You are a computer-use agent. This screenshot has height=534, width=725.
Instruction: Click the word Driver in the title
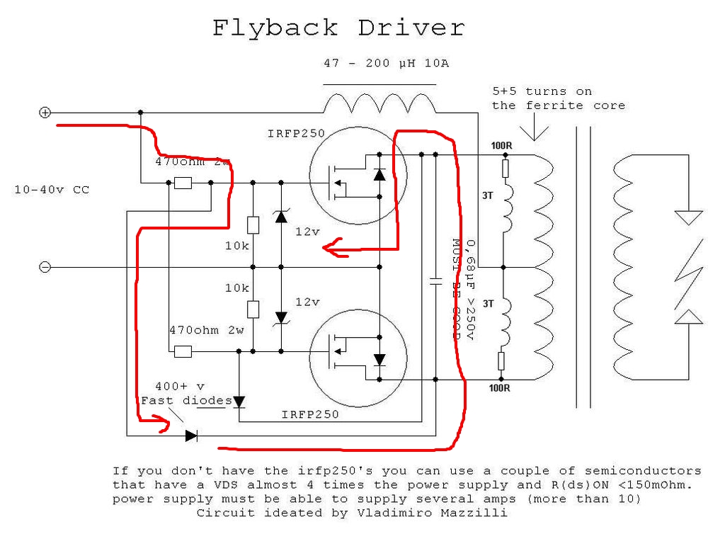[x=411, y=28]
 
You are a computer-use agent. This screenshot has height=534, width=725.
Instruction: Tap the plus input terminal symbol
[x=45, y=112]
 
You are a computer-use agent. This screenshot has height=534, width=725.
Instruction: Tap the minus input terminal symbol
[x=45, y=267]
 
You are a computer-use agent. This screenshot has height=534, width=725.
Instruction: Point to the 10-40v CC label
[x=52, y=190]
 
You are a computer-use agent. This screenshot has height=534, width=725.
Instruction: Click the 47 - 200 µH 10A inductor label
[x=386, y=63]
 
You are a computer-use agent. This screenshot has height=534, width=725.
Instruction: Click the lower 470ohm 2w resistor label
[x=206, y=330]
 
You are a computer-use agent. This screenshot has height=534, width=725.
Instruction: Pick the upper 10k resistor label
[x=236, y=246]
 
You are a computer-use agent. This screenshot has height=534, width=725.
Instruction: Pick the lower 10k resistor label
[x=236, y=288]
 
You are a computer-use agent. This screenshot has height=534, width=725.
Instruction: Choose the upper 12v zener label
[x=308, y=232]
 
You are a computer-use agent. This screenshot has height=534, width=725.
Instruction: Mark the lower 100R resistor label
[x=500, y=387]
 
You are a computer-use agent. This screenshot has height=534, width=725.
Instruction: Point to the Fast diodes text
[x=186, y=401]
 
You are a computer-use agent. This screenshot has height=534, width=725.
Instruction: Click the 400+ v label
[x=181, y=387]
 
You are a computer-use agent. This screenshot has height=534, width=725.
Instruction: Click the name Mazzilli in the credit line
[x=479, y=512]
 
